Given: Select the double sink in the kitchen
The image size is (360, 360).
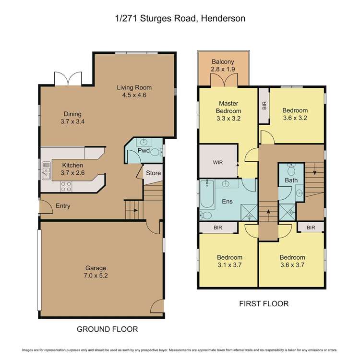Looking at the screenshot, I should tap(47, 170).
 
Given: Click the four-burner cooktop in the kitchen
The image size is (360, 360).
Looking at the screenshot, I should tap(66, 186).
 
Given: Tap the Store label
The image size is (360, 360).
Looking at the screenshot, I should tap(153, 173).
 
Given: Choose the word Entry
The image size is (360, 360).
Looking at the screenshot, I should tap(63, 206).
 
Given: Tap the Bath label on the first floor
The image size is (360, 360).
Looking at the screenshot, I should tap(291, 180).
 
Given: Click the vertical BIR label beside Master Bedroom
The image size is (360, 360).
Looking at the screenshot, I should tap(264, 106).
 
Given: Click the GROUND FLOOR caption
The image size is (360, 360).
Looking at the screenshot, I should tap(108, 329).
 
